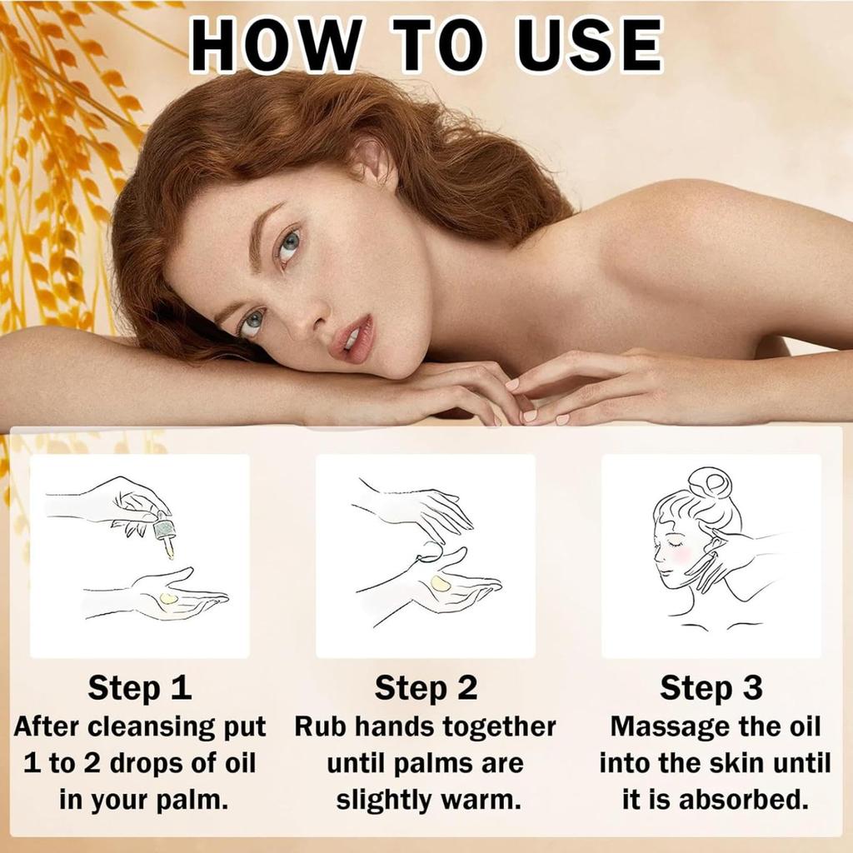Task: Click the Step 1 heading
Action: click(x=140, y=688)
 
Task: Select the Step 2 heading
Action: click(x=426, y=688)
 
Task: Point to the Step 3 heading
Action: click(x=711, y=688)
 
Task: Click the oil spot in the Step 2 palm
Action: click(x=441, y=584)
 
